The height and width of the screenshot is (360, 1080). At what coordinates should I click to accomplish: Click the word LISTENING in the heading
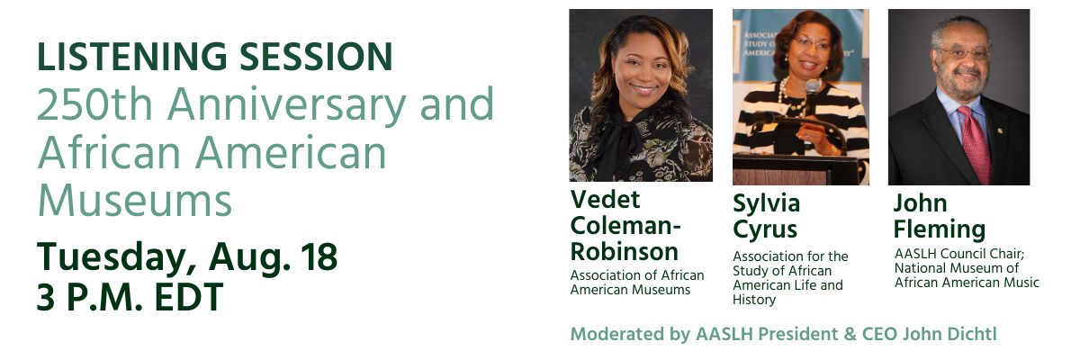pos(132,57)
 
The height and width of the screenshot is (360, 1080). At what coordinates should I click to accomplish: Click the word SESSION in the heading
pos(316,57)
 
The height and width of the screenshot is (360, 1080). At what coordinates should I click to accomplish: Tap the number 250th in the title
pos(95,103)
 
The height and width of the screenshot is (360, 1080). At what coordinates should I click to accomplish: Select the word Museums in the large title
pos(135,200)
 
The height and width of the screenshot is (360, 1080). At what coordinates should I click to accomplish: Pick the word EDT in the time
pos(188,297)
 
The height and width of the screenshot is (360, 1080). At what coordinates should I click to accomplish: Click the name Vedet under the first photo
pos(605,199)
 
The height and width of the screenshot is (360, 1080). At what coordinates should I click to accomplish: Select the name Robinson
pos(625,251)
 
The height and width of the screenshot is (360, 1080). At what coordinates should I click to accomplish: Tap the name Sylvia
pos(766,202)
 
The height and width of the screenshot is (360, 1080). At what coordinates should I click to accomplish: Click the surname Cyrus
pos(765,229)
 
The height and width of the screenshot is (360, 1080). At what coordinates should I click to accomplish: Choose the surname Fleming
pos(940,229)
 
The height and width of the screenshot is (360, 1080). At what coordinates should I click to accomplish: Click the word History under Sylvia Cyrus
pos(754,300)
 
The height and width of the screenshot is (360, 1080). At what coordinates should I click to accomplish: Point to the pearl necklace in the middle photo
pos(790,96)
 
